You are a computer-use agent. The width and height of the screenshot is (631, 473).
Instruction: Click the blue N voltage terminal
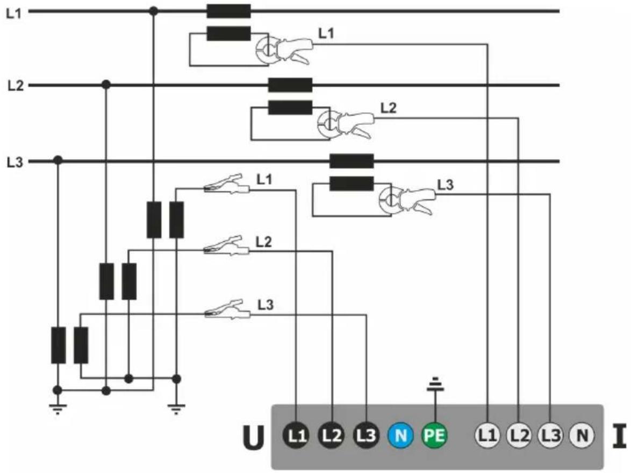tap(401, 435)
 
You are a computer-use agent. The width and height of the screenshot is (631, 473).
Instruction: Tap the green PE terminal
tap(435, 435)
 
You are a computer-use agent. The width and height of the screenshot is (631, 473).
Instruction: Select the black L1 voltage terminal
tap(297, 435)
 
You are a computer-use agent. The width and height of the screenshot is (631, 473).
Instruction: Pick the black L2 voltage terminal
tap(332, 435)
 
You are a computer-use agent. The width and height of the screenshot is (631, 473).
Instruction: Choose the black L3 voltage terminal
tap(366, 435)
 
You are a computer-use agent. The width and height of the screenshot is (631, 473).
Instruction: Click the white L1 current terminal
tap(487, 435)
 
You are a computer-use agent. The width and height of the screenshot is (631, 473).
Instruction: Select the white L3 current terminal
tap(550, 435)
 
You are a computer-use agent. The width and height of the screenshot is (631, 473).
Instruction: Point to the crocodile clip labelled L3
tap(228, 310)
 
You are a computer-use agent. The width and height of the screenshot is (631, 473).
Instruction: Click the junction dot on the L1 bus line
tap(153, 11)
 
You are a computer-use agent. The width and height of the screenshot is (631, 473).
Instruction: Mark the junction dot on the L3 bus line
tap(59, 161)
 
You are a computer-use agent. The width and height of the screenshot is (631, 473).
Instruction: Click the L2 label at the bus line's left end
tap(15, 86)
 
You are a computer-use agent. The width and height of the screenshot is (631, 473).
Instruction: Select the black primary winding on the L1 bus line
tap(228, 11)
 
